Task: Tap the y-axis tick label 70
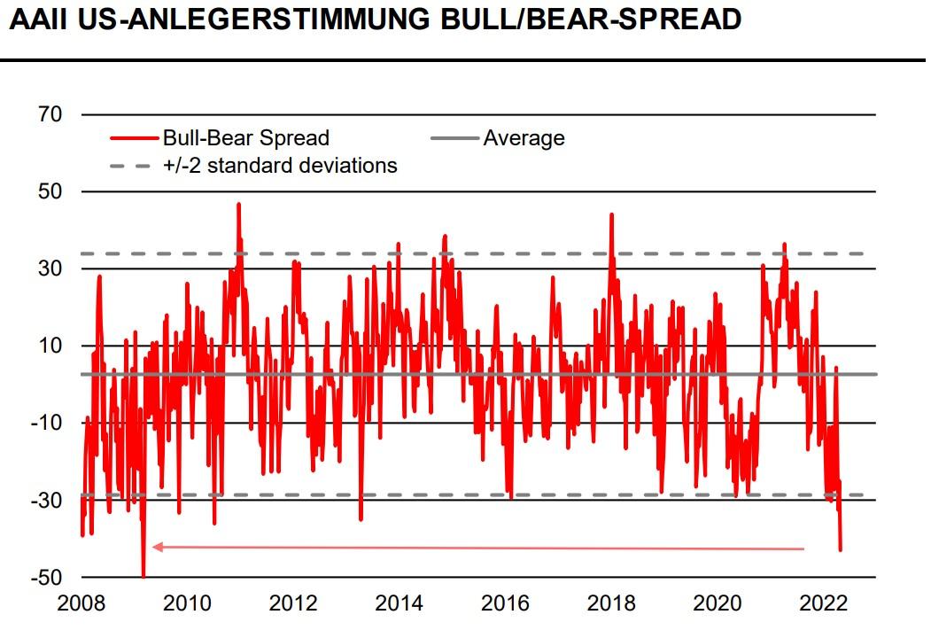50,114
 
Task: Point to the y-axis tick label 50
50,191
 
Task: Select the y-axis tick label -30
47,501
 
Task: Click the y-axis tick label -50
47,578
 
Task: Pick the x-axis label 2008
81,603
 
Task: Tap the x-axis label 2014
399,603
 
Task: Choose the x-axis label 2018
610,603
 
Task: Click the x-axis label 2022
823,603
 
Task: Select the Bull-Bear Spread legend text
245,138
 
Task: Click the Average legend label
524,138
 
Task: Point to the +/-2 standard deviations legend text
280,165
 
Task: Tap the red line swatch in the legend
134,138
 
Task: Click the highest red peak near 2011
238,204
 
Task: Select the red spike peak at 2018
611,214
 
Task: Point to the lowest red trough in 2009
143,576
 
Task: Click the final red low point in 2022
840,550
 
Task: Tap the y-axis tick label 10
50,346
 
